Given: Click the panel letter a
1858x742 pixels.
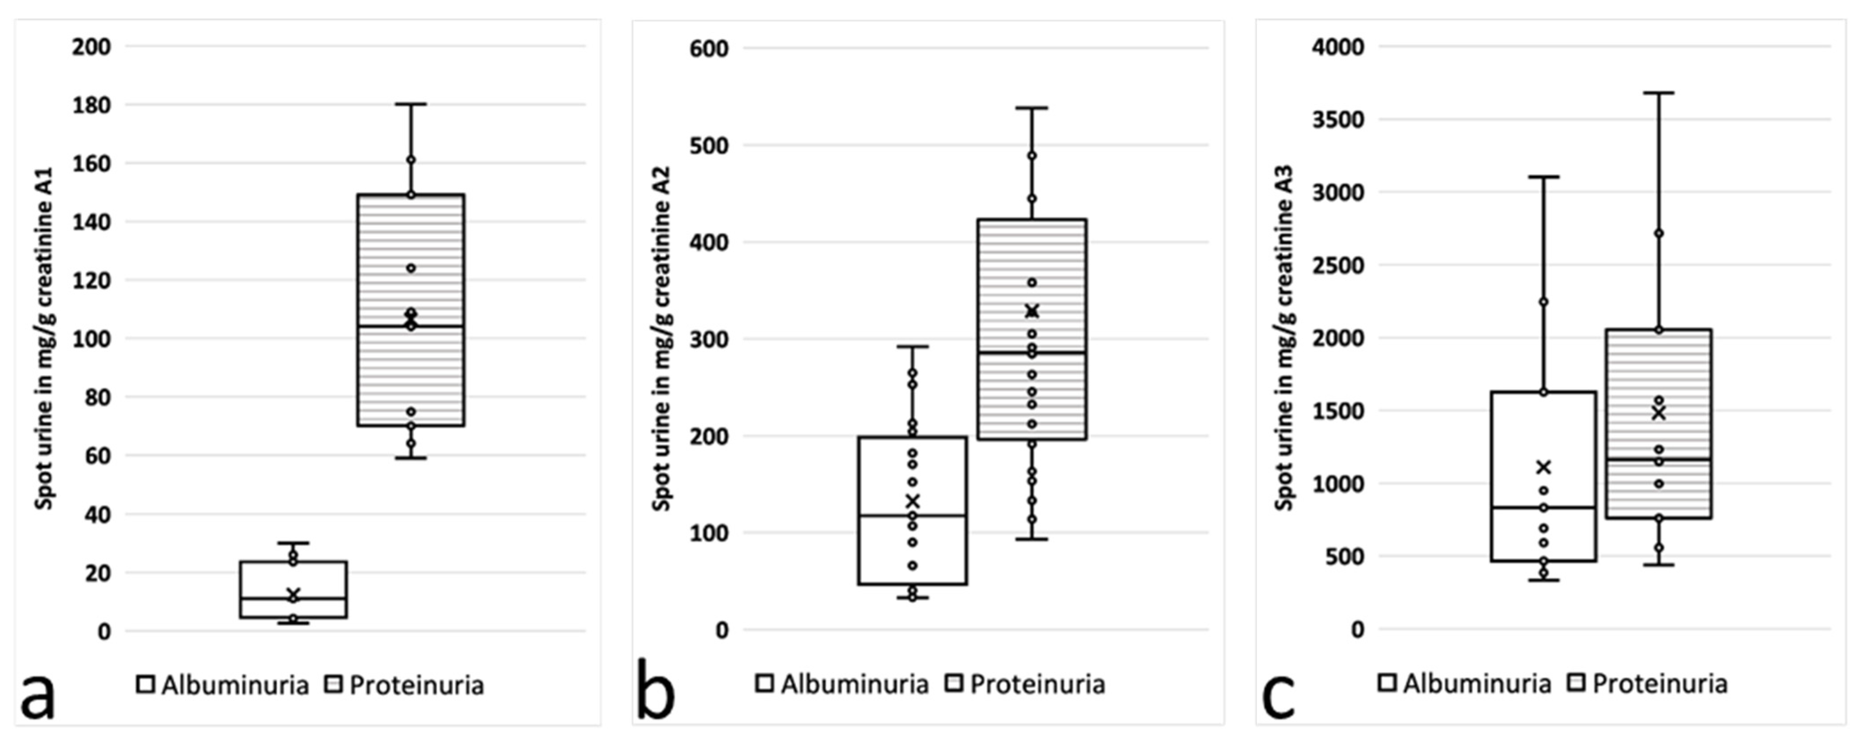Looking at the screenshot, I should [37, 694].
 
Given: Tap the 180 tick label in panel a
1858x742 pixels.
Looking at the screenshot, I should [91, 105].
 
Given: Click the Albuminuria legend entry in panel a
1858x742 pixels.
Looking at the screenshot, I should [224, 685].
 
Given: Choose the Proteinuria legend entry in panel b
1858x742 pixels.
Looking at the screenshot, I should [1026, 684].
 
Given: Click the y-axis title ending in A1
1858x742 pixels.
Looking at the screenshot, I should [45, 338].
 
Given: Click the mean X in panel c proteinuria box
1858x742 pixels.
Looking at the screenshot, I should [1658, 413].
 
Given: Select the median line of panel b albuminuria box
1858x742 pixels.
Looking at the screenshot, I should [913, 515].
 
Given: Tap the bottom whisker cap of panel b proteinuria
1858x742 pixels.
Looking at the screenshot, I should [1032, 539].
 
